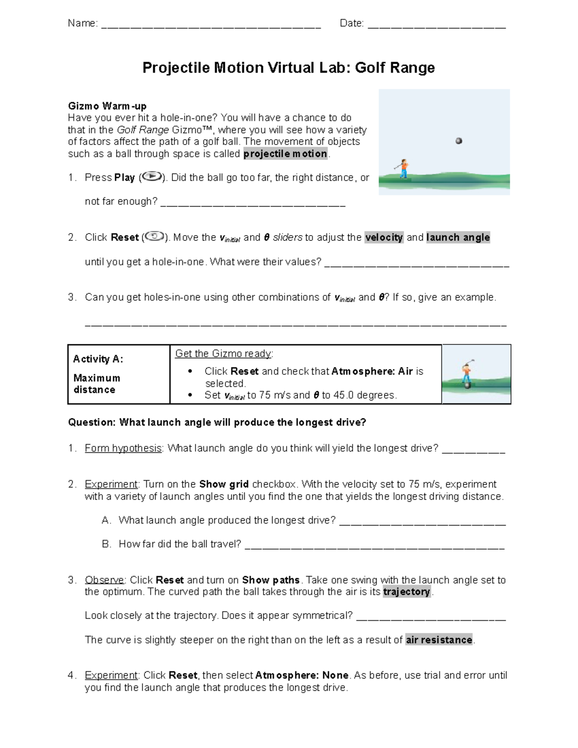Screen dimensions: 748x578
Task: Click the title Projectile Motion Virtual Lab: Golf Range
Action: tap(289, 67)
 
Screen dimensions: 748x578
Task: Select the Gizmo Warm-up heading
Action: tap(107, 106)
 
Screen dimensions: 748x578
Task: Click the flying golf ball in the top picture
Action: tap(459, 141)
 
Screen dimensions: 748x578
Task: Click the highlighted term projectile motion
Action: tap(286, 154)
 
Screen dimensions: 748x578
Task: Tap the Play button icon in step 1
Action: tap(152, 177)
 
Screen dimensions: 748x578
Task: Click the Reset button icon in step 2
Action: tap(155, 236)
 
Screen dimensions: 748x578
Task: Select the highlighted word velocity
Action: tap(384, 237)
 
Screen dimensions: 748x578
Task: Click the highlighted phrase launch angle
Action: tap(458, 237)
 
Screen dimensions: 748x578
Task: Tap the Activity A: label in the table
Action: tap(98, 359)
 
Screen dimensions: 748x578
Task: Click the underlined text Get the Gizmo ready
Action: tap(223, 354)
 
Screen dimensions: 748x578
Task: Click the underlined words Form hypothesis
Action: tap(123, 448)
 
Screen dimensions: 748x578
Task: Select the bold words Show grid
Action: tap(224, 484)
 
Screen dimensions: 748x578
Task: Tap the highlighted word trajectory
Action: tap(407, 592)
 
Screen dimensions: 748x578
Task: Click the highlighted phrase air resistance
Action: tap(439, 640)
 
